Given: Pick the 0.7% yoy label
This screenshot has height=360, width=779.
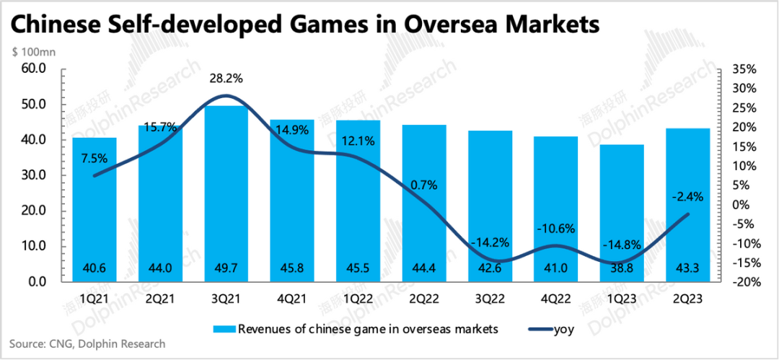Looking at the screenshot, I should [424, 185].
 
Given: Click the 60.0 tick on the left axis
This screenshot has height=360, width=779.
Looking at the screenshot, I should [35, 69].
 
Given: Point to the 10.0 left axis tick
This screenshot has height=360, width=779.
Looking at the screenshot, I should [35, 246].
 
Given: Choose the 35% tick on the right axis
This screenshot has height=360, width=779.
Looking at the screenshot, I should [743, 69].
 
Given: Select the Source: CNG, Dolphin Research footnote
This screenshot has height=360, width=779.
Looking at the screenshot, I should [87, 344].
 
